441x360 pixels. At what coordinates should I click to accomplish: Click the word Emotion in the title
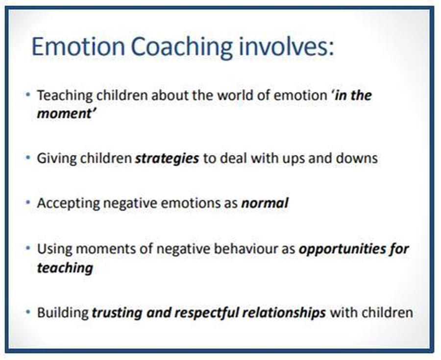[78, 47]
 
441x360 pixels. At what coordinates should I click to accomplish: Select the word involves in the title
[286, 47]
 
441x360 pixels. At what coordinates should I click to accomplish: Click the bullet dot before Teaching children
[27, 94]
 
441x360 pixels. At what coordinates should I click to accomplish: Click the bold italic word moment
[64, 114]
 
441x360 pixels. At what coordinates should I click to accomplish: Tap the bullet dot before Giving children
[27, 157]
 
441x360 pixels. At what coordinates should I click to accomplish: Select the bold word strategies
[167, 159]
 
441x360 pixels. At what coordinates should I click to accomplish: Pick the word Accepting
[68, 203]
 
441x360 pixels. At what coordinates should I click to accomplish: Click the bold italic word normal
[265, 203]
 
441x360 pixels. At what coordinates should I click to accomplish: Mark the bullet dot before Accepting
[27, 202]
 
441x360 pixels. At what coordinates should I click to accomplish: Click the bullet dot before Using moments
[27, 248]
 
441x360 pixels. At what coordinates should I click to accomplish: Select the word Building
[63, 313]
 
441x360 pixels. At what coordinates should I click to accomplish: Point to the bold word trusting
[117, 313]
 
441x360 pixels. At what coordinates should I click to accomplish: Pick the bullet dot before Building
[27, 312]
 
